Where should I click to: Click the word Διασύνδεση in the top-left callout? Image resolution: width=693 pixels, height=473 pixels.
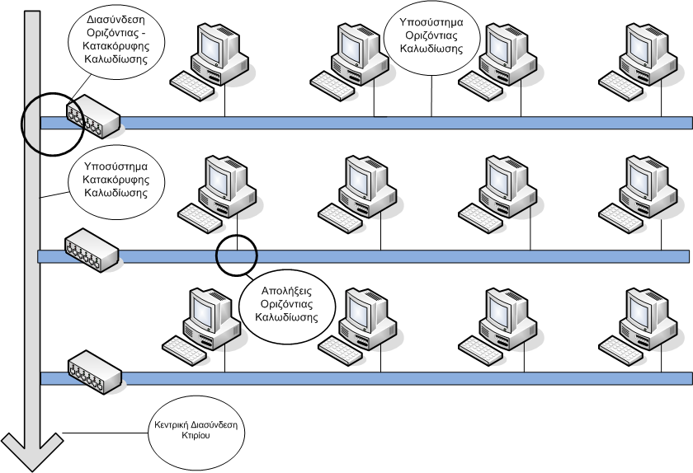pyautogui.click(x=115, y=20)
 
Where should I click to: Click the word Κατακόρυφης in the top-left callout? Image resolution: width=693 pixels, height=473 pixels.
pyautogui.click(x=116, y=46)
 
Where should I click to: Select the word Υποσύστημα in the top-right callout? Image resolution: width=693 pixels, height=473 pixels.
pyautogui.click(x=431, y=22)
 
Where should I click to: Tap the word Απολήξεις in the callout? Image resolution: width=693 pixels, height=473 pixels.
pyautogui.click(x=286, y=291)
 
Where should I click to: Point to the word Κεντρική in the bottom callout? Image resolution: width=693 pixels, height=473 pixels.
pyautogui.click(x=172, y=425)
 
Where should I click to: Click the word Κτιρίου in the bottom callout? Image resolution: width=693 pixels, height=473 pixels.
pyautogui.click(x=196, y=435)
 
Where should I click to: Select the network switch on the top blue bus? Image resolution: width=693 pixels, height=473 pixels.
pyautogui.click(x=93, y=116)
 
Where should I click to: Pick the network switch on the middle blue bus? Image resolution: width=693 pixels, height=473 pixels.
pyautogui.click(x=92, y=250)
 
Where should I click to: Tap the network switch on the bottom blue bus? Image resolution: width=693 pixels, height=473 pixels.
pyautogui.click(x=95, y=372)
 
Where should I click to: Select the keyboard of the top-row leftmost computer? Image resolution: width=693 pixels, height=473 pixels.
pyautogui.click(x=192, y=86)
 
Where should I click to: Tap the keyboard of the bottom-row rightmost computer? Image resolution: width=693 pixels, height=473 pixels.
pyautogui.click(x=621, y=351)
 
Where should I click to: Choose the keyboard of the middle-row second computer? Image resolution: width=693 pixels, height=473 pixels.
pyautogui.click(x=340, y=218)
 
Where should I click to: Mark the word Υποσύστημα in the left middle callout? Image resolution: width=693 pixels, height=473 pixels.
pyautogui.click(x=115, y=166)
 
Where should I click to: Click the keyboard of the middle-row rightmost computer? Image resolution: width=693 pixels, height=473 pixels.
pyautogui.click(x=621, y=218)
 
